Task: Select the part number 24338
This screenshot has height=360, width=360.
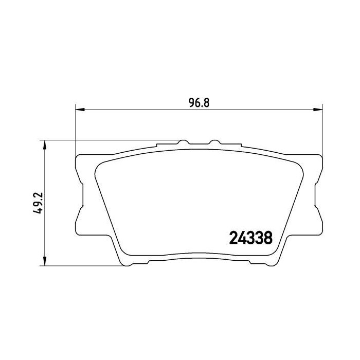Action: (x=249, y=240)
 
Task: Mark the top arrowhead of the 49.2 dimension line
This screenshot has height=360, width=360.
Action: (x=45, y=144)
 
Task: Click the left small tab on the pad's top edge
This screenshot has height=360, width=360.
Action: (x=182, y=141)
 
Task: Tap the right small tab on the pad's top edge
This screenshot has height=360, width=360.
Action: (x=215, y=141)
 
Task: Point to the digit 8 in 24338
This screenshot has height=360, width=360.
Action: (x=268, y=240)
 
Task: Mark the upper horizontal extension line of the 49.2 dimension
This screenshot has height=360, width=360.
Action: (x=103, y=140)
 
